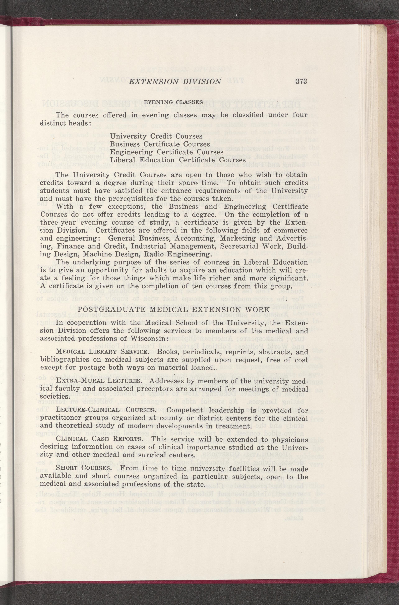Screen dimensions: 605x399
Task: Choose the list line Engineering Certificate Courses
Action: coord(166,152)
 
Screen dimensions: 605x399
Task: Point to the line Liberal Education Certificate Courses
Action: coord(178,160)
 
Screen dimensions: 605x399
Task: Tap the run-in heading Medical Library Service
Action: coord(102,352)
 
